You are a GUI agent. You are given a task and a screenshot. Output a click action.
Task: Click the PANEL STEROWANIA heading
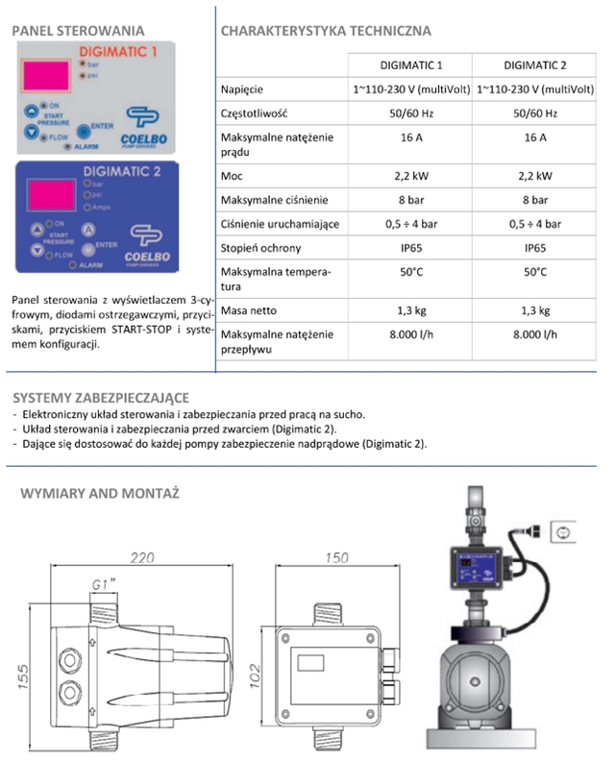point(78,31)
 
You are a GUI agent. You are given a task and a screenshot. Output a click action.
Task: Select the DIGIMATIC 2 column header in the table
point(534,64)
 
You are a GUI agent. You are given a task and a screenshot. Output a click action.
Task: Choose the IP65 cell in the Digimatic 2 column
point(534,247)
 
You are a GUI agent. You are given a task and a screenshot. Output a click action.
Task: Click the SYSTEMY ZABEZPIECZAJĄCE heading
point(101,397)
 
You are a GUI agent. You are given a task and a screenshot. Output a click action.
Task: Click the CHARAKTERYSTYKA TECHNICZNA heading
point(326,31)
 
